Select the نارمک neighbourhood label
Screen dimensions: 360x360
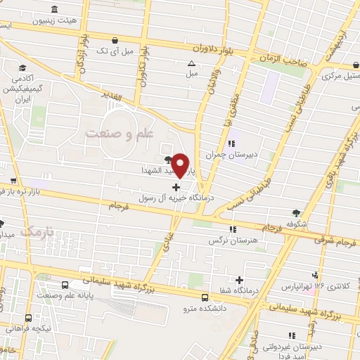pos(37,231)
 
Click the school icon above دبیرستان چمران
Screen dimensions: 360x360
pos(231,144)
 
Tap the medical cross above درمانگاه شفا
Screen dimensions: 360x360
pos(240,279)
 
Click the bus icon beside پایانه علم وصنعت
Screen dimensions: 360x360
pos(65,285)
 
